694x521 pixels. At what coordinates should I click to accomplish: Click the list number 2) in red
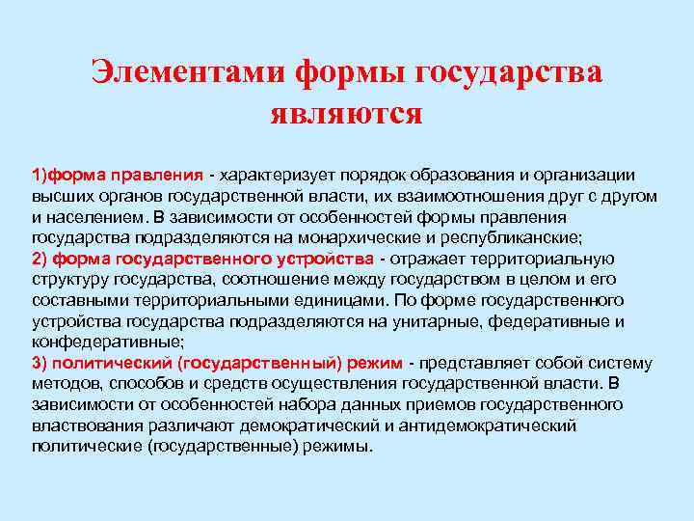coord(40,259)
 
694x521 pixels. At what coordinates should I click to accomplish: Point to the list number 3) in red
coord(40,364)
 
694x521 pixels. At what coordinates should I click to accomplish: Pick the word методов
coord(63,384)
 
